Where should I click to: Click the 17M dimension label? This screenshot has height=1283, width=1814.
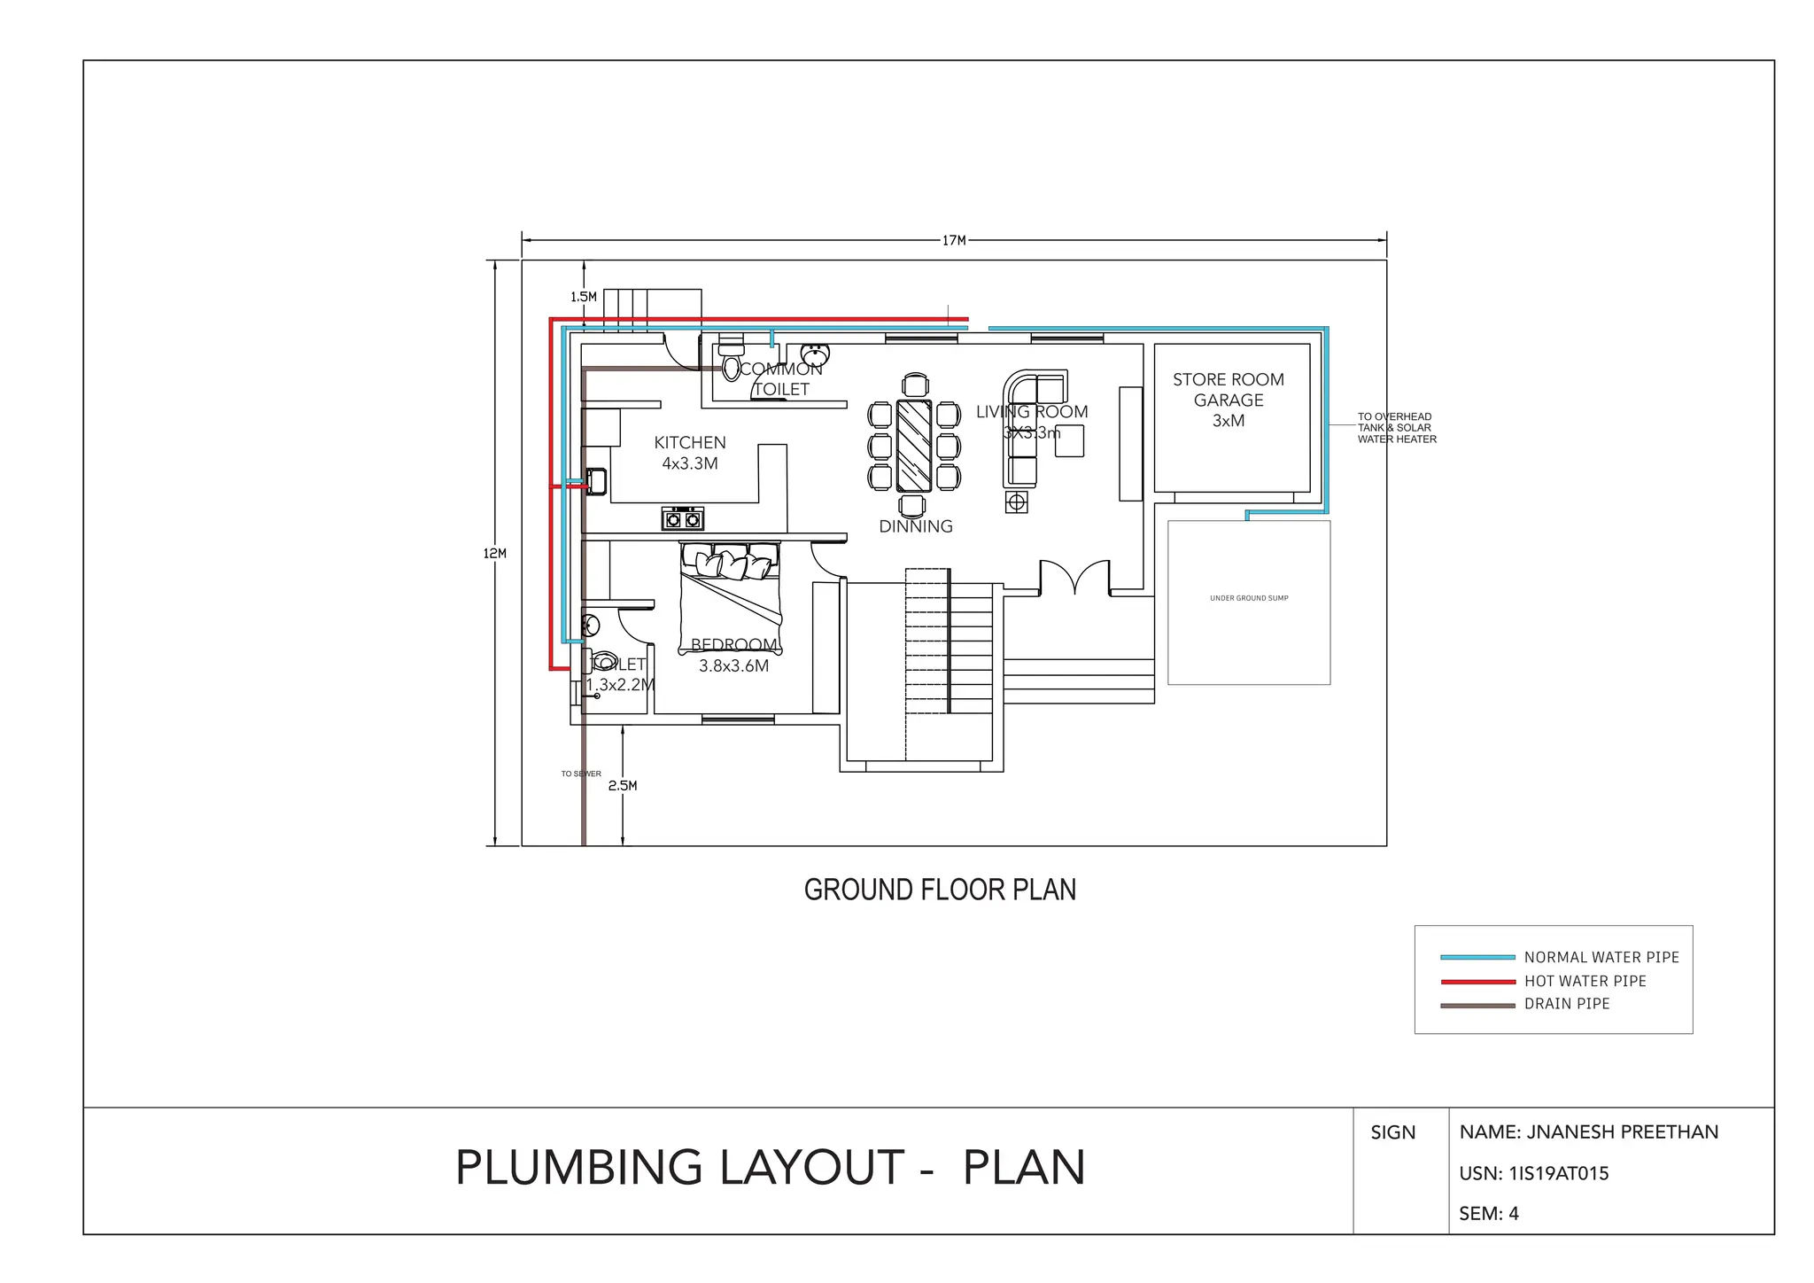tap(954, 240)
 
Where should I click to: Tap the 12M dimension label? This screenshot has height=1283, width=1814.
tap(494, 554)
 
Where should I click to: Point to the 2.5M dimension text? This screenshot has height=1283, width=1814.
tap(623, 786)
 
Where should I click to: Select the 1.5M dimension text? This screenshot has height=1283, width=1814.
tap(583, 297)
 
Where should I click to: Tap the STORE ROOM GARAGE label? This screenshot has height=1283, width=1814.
tap(1229, 400)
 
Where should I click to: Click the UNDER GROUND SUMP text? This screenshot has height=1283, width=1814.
tap(1249, 598)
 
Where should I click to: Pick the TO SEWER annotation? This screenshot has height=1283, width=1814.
tap(581, 774)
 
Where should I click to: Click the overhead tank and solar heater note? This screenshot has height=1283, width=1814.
tap(1396, 428)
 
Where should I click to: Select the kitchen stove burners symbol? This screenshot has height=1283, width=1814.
tap(683, 519)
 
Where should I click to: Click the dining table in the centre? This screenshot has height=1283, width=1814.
tap(914, 446)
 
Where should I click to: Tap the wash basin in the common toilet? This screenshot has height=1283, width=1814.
tap(815, 354)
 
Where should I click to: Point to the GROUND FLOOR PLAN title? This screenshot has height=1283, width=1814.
tap(940, 890)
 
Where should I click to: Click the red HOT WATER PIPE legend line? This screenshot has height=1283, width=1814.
tap(1477, 982)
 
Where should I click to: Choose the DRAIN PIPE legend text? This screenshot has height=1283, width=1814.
tap(1567, 1004)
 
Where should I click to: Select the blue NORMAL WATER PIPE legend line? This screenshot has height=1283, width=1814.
tap(1477, 958)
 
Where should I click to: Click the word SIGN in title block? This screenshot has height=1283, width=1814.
tap(1392, 1132)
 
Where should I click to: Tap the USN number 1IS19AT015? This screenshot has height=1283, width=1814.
tap(1534, 1173)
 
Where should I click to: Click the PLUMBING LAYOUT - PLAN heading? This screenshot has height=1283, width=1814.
tap(770, 1167)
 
